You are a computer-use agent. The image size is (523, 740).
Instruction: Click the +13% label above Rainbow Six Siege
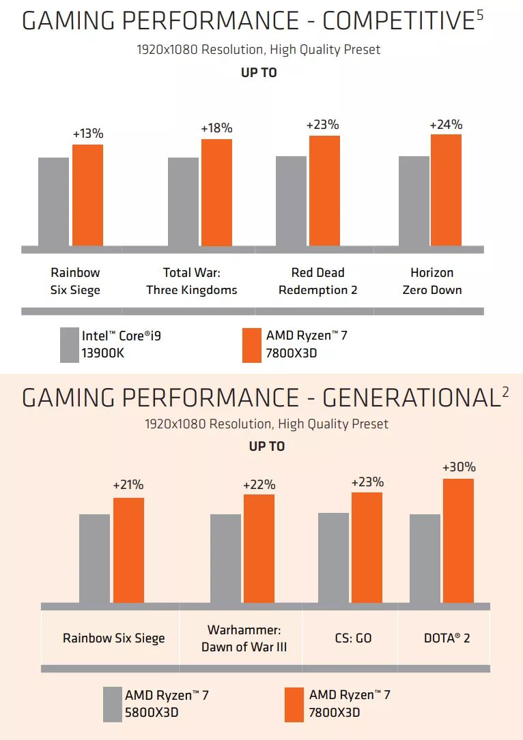[88, 134]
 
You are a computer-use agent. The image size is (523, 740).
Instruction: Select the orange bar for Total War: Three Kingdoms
[216, 192]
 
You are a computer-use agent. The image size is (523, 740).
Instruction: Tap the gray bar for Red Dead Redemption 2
[292, 201]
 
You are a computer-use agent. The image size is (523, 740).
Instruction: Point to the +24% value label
[446, 124]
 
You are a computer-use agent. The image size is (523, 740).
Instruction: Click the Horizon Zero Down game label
[432, 281]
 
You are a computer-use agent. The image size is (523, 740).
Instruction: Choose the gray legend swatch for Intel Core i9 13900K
[70, 345]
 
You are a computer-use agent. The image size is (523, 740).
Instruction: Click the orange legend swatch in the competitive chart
[252, 345]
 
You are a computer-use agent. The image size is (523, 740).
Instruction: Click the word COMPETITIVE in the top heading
[394, 21]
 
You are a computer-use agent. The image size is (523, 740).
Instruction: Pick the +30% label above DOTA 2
[459, 467]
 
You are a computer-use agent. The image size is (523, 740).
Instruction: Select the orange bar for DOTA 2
[458, 540]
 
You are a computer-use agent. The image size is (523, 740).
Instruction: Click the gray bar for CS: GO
[333, 557]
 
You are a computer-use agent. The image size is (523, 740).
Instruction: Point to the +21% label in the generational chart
[128, 485]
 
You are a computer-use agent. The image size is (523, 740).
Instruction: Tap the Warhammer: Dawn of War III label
[244, 638]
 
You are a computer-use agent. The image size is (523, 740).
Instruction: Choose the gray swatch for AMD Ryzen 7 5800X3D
[112, 704]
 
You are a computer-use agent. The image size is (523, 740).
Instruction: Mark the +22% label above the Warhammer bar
[259, 485]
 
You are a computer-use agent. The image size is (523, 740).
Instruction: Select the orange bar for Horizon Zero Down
[446, 190]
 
